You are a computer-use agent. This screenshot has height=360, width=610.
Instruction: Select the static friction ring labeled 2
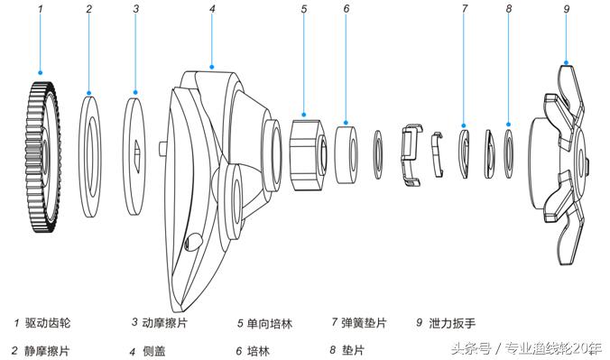click(82, 156)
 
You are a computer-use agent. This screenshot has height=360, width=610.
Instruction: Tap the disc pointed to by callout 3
click(128, 156)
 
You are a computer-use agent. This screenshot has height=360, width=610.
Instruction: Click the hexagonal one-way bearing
click(309, 155)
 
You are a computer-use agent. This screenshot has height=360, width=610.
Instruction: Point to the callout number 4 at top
click(212, 8)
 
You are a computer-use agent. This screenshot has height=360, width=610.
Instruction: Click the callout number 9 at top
click(567, 8)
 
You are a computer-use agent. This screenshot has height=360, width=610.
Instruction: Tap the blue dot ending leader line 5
click(303, 115)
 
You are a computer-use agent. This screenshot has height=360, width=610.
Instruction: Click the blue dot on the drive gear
click(40, 73)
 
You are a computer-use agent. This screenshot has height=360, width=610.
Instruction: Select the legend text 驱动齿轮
click(48, 323)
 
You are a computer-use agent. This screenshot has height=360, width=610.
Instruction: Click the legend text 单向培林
click(270, 323)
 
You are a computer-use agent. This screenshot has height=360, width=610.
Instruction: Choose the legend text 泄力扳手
click(452, 323)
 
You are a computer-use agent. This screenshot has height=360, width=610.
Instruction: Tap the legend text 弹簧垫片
click(364, 323)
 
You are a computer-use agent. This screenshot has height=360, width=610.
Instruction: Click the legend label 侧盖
click(154, 351)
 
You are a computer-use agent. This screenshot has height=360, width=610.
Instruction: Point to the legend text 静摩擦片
click(47, 351)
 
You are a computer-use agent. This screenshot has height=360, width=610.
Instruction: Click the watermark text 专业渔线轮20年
click(553, 348)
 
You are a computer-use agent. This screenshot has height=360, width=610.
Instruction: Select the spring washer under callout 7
click(463, 155)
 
